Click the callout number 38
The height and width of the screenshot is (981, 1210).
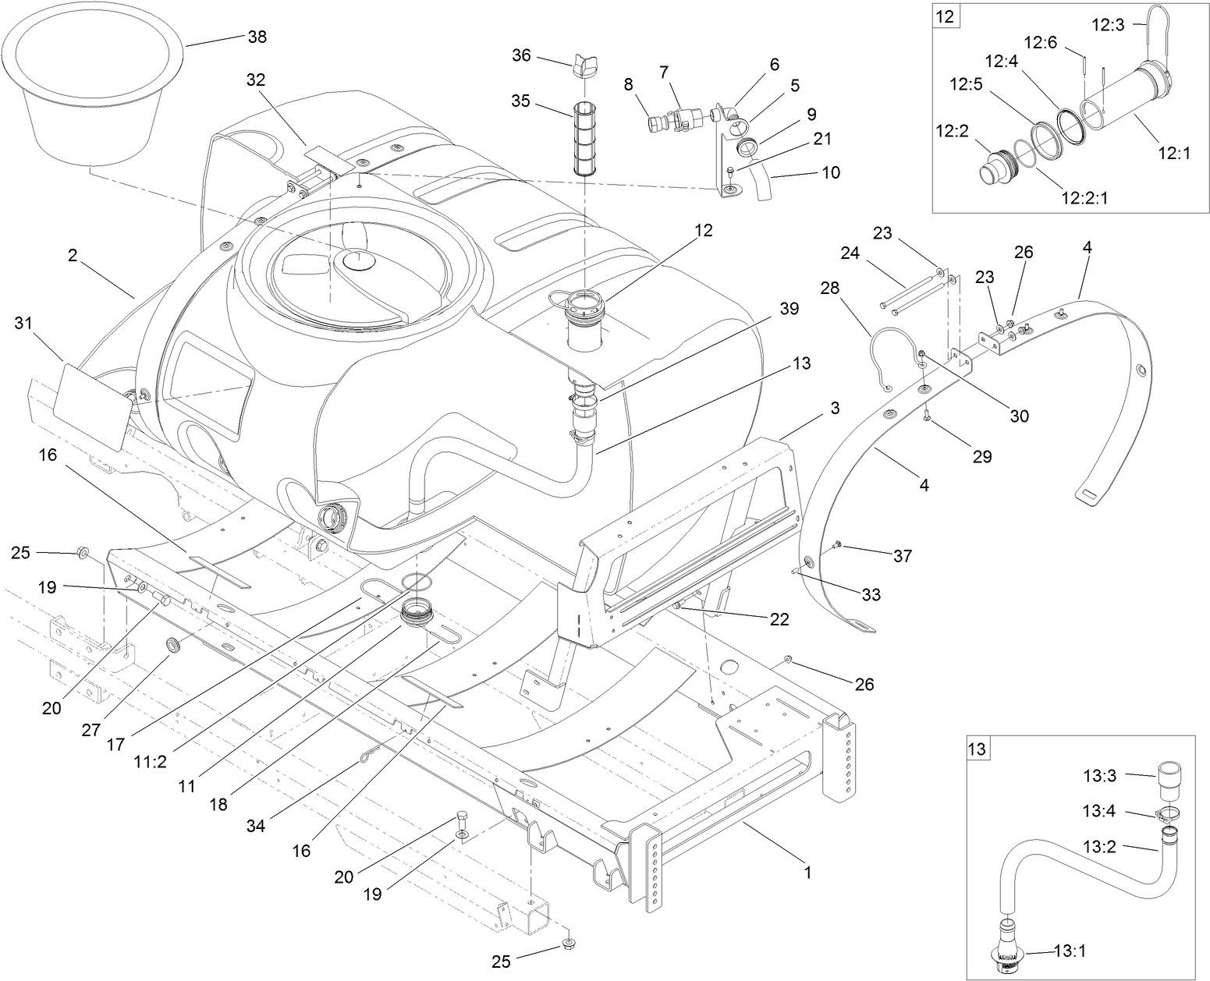click(257, 37)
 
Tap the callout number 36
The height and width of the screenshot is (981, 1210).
click(521, 55)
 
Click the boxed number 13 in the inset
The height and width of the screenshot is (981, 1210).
click(977, 749)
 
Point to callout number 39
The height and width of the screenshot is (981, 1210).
click(789, 309)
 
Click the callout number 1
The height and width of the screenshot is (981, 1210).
click(807, 873)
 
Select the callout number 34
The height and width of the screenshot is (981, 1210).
click(255, 825)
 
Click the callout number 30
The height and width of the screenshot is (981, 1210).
click(1019, 416)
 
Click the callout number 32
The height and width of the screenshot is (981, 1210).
click(255, 80)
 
